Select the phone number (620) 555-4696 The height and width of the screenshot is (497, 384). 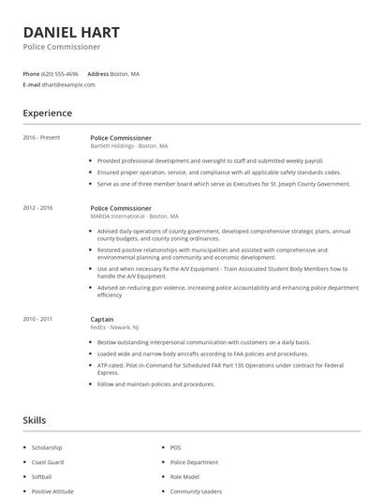(60, 73)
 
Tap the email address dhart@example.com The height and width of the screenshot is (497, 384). (68, 84)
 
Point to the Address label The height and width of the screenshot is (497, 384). (97, 73)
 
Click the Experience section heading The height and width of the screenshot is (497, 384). (47, 113)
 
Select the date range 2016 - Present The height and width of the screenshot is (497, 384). (41, 138)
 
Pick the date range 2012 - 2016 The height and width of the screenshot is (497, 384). (37, 208)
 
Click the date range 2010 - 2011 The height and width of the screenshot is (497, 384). (37, 319)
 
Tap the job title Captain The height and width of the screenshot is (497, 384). (102, 319)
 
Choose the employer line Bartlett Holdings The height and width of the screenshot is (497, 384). (129, 146)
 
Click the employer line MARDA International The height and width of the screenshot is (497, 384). (134, 217)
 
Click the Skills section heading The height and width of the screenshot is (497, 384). (35, 420)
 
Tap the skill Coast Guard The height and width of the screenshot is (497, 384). (49, 461)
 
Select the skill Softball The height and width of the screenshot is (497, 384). (42, 476)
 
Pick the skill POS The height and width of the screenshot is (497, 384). (176, 447)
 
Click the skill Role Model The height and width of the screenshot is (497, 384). (185, 476)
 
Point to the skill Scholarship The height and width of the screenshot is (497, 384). (48, 447)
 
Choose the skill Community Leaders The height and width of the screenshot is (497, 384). (196, 491)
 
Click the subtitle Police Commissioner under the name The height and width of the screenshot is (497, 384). (61, 46)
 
